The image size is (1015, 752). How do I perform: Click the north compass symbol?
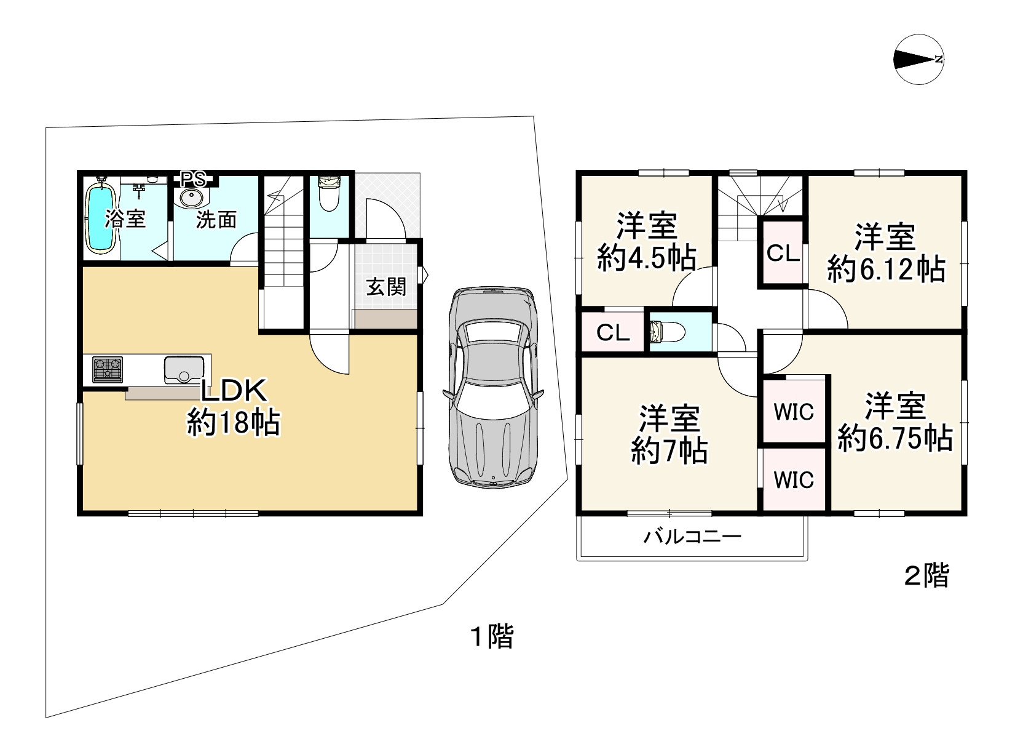click(919, 59)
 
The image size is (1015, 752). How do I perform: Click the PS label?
click(194, 179)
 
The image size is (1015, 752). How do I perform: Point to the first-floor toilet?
click(328, 193)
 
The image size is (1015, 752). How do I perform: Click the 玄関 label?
click(386, 287)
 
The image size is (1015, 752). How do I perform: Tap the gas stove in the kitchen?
click(108, 369)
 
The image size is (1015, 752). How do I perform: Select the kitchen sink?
click(184, 370)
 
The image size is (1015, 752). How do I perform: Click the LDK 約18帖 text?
click(234, 406)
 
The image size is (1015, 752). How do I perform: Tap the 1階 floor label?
click(492, 636)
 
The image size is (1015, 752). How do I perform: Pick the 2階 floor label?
click(926, 576)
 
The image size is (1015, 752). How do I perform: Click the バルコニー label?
click(692, 537)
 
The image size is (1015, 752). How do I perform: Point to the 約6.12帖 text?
click(886, 269)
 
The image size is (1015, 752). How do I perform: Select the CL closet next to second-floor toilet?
click(613, 332)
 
